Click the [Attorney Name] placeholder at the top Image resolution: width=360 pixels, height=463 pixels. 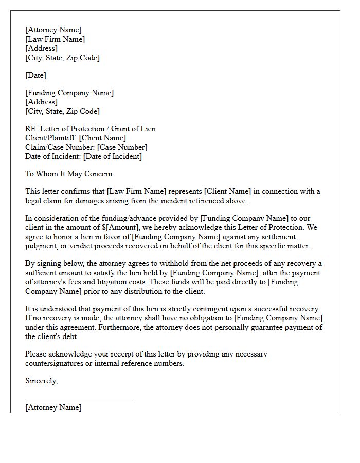[x=53, y=30]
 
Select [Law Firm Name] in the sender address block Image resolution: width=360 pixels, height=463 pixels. [x=55, y=39]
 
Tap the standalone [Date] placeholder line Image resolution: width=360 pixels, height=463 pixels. [x=35, y=75]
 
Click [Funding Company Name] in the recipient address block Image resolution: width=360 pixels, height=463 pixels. [x=69, y=93]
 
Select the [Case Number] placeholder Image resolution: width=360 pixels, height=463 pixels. [x=122, y=147]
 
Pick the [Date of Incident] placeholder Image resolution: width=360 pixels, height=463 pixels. [x=112, y=156]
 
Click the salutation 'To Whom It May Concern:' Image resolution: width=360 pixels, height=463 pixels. [x=69, y=174]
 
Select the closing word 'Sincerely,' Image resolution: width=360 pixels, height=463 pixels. [x=41, y=381]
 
